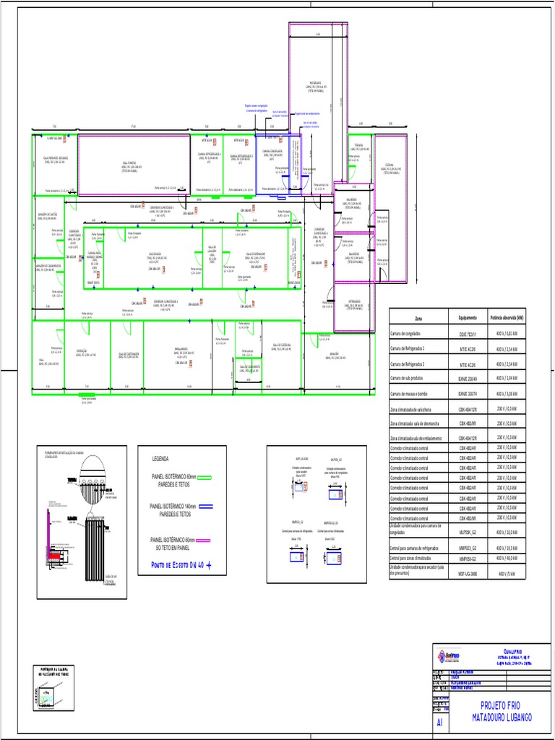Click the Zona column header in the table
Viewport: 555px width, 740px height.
(x=418, y=318)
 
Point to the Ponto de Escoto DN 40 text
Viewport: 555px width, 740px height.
(x=177, y=565)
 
